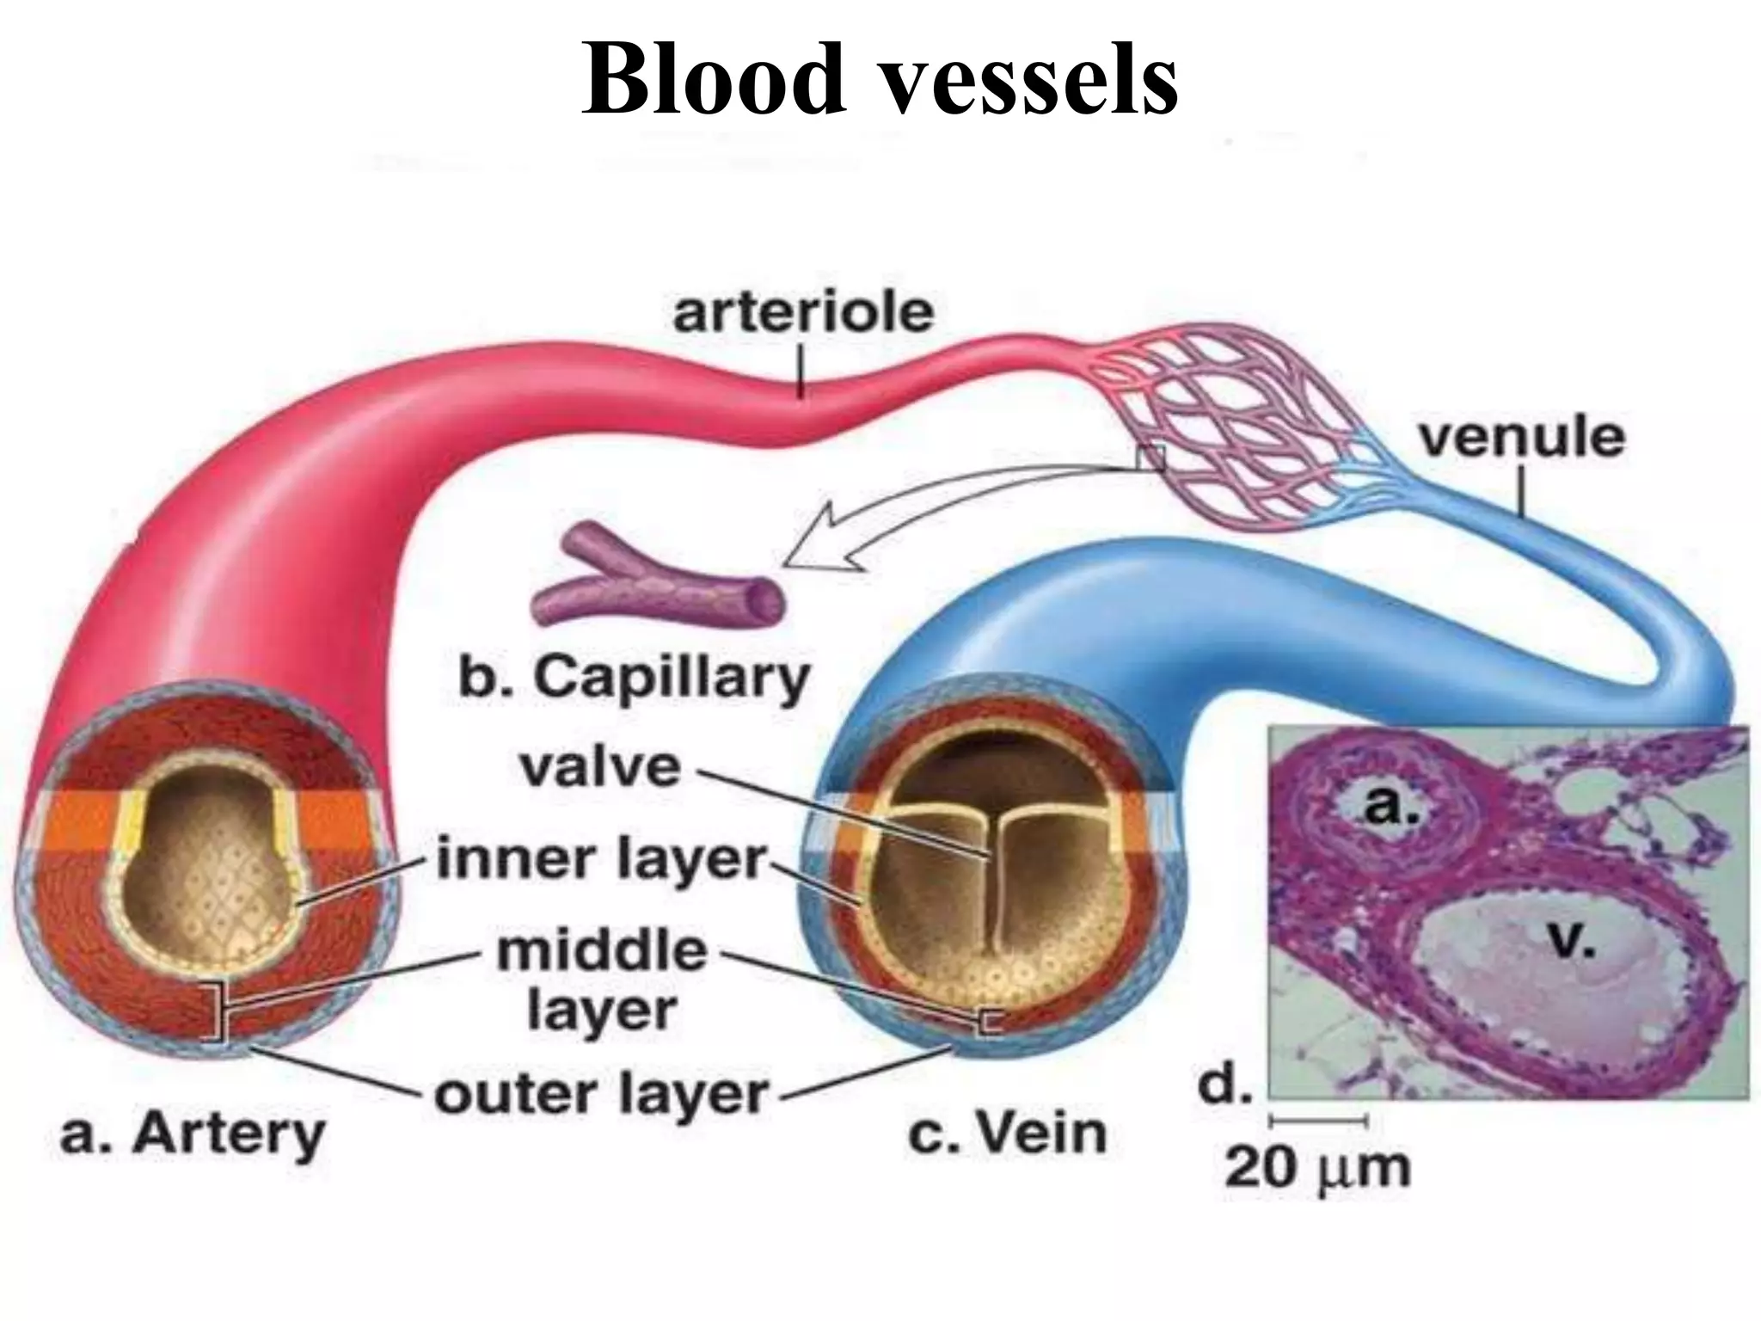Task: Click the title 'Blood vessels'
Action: (x=880, y=79)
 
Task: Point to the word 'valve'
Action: (x=600, y=768)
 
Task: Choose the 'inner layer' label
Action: (x=601, y=860)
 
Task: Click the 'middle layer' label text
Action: (x=602, y=981)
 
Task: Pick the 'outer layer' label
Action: (x=601, y=1095)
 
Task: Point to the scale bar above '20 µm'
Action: (x=1318, y=1121)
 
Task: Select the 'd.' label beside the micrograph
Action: (x=1224, y=1086)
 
